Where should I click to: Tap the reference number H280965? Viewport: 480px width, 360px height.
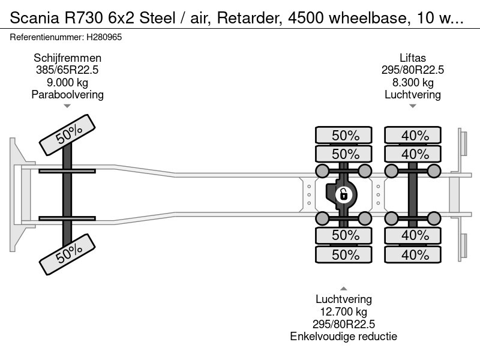click(x=106, y=37)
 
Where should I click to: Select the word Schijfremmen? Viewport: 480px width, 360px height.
click(x=67, y=58)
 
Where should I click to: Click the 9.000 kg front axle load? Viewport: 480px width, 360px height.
click(x=67, y=82)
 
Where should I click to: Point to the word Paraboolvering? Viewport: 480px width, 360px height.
click(x=67, y=95)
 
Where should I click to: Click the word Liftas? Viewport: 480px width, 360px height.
click(x=413, y=58)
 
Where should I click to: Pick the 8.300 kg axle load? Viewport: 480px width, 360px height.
click(x=413, y=82)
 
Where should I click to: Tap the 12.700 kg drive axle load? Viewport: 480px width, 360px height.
click(x=344, y=311)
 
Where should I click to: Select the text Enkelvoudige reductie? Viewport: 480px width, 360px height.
click(x=344, y=336)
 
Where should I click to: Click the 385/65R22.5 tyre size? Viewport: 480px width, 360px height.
click(x=67, y=70)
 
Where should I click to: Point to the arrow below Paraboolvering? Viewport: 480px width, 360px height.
click(x=67, y=106)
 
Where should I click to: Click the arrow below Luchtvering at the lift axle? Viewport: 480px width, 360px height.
click(x=413, y=106)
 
